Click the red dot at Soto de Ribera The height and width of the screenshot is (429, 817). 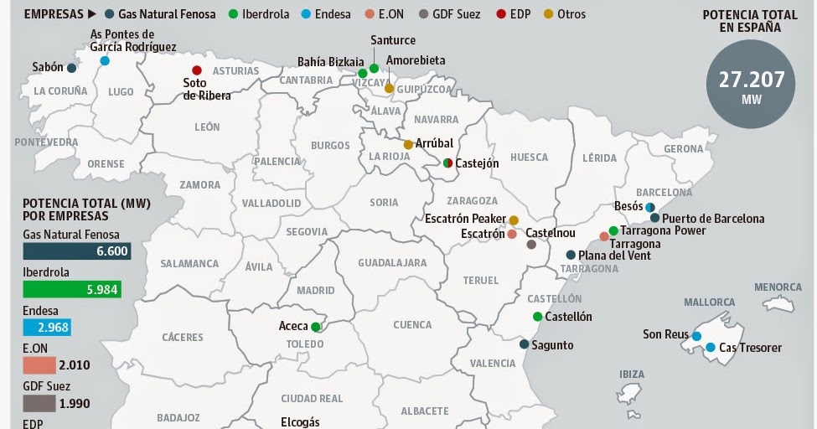point(197,70)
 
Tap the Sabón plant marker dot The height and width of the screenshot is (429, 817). point(72,68)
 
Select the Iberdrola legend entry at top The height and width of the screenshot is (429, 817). point(261,14)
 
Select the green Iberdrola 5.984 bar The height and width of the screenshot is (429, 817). point(72,289)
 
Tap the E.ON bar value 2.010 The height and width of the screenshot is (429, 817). point(75,364)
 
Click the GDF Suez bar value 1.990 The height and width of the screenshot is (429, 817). point(74,403)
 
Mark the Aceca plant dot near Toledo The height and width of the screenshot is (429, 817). point(316,327)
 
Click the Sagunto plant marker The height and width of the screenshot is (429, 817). point(524,344)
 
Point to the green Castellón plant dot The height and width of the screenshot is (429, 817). point(537,317)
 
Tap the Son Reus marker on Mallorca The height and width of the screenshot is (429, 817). point(696,336)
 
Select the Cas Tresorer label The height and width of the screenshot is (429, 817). point(750,348)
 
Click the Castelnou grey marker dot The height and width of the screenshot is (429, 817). point(531,245)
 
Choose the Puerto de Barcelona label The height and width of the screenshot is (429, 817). point(713,219)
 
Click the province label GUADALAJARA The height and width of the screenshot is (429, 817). point(392,263)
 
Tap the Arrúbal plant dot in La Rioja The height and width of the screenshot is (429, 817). point(408,144)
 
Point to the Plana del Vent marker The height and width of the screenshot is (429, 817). point(571,256)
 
